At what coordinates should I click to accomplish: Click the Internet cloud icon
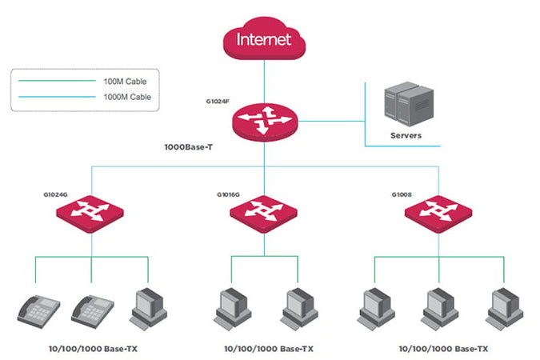[x=265, y=38]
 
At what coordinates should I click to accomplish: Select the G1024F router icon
[x=265, y=122]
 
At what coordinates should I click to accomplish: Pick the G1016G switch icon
[x=264, y=213]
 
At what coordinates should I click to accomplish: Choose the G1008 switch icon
[x=438, y=213]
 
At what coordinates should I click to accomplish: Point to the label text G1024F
[x=218, y=102]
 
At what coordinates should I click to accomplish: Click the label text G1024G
[x=57, y=194]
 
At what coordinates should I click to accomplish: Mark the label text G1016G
[x=229, y=194]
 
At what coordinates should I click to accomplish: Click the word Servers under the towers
[x=406, y=136]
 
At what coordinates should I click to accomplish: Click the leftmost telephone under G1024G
[x=37, y=310]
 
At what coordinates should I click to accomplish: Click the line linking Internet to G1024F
[x=265, y=80]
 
